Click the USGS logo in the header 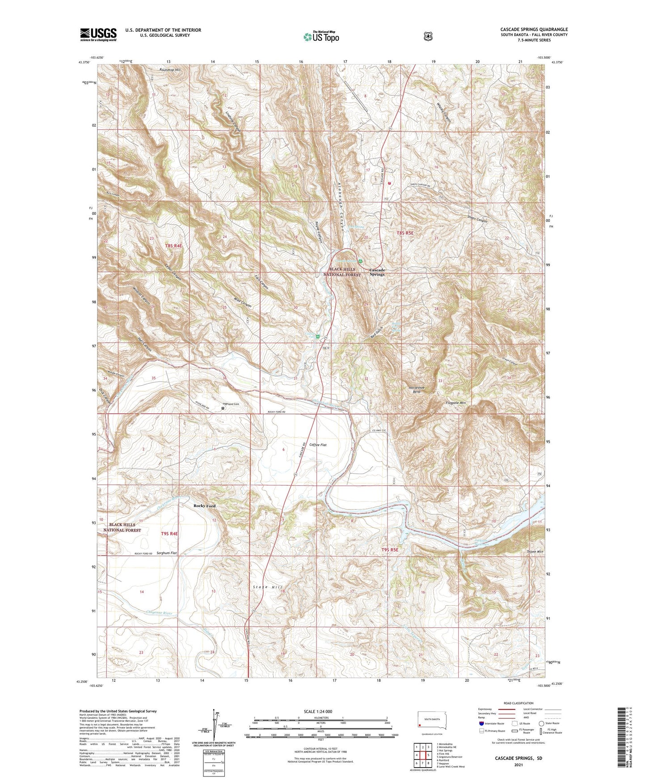point(98,34)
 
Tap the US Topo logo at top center point(321,37)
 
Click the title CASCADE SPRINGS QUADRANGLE point(534,30)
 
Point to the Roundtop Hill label point(171,70)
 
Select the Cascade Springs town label point(377,272)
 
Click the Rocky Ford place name point(204,506)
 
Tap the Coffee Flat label point(318,445)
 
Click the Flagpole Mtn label point(456,403)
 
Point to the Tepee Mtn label point(535,552)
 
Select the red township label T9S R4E point(169,534)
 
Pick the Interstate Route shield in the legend point(481,723)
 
